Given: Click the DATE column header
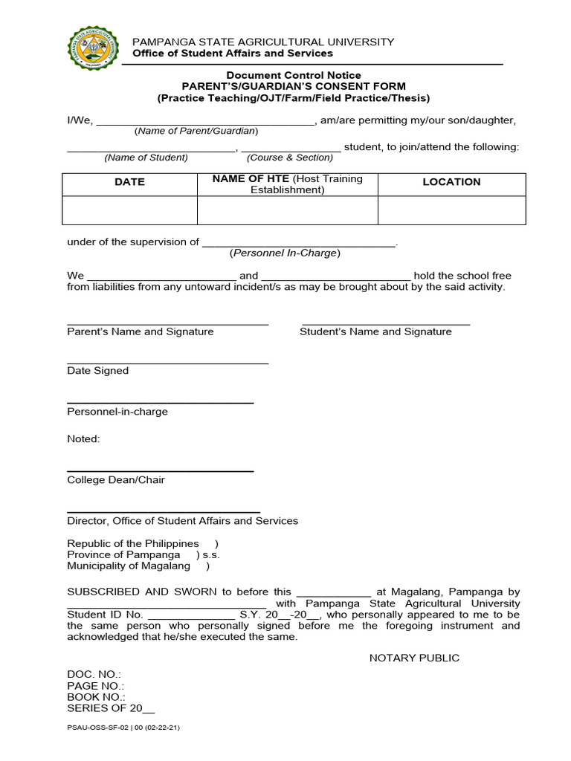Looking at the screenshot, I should click(129, 182).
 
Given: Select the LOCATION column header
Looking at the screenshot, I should click(451, 182).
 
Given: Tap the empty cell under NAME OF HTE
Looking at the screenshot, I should click(287, 210).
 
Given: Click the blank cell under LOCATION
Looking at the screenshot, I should click(451, 210).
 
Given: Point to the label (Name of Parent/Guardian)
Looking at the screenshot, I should click(196, 131).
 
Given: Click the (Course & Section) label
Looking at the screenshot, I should click(290, 158).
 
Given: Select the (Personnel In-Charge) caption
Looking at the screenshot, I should click(285, 253).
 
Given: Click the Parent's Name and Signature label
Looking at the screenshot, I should click(141, 332).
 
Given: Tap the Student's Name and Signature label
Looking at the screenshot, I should click(375, 332).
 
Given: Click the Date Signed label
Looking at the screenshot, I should click(97, 371).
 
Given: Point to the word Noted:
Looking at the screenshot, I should click(83, 439).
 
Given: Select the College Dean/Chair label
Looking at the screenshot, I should click(116, 480).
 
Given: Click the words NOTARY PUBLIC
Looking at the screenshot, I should click(414, 658).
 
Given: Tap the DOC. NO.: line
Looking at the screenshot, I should click(94, 674).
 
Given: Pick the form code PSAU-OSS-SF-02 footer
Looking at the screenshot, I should click(123, 728).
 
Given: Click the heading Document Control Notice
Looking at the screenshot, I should click(294, 75).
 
